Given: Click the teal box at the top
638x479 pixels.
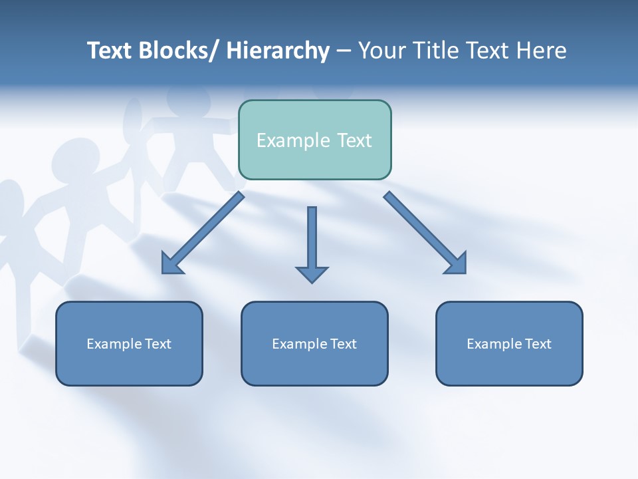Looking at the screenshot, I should pyautogui.click(x=314, y=140).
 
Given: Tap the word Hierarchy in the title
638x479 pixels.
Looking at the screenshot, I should pyautogui.click(x=278, y=51).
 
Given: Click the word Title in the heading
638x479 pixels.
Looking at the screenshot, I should pyautogui.click(x=438, y=51).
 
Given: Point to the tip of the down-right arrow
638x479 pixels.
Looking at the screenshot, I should pyautogui.click(x=465, y=272).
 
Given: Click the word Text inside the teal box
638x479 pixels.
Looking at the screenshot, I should pyautogui.click(x=352, y=140).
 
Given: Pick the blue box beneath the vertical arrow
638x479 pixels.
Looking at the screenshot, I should pyautogui.click(x=314, y=343).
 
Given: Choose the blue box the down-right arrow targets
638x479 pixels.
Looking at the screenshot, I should pyautogui.click(x=509, y=343).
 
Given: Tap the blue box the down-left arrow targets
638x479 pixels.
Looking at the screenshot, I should pyautogui.click(x=129, y=343).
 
